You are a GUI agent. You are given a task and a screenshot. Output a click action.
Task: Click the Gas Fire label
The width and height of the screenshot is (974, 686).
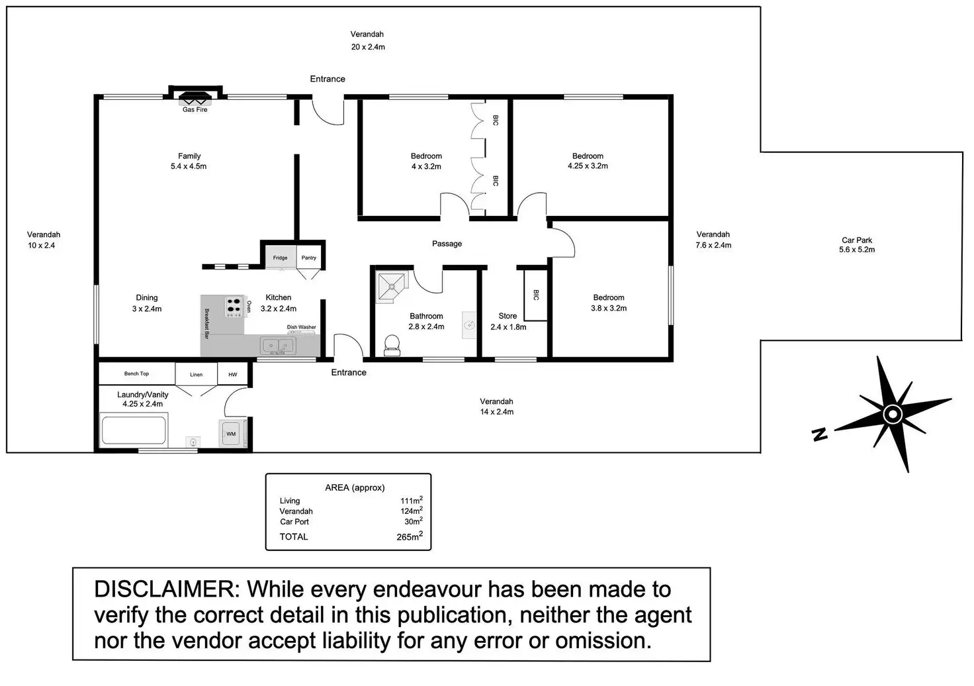click(195, 110)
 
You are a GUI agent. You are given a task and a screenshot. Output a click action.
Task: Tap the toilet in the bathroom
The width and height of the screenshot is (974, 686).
click(392, 345)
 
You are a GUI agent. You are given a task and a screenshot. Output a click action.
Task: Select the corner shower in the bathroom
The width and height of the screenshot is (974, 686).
click(392, 286)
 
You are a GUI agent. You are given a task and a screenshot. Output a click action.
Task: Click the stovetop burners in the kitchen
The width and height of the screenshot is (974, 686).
click(234, 307)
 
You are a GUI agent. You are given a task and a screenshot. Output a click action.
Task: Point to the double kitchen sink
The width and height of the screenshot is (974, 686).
click(278, 345)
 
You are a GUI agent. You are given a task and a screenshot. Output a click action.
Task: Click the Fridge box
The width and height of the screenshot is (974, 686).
click(280, 258)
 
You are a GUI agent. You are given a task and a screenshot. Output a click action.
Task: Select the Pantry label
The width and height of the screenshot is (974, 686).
click(309, 258)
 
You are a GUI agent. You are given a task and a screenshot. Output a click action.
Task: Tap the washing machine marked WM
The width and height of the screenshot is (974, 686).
click(231, 434)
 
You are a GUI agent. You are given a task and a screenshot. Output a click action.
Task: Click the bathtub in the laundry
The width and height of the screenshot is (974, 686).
click(133, 430)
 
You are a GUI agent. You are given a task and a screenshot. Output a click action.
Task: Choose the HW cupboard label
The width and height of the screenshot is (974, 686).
click(233, 375)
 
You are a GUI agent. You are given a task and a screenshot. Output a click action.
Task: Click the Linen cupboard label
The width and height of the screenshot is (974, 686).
click(197, 375)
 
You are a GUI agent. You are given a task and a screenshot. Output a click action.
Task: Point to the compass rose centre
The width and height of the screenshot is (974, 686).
click(893, 415)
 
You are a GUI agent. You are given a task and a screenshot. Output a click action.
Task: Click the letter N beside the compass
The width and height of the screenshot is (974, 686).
click(820, 434)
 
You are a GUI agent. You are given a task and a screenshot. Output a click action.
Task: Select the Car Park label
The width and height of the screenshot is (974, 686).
click(857, 240)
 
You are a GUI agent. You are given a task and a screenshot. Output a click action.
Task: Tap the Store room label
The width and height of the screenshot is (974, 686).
click(508, 317)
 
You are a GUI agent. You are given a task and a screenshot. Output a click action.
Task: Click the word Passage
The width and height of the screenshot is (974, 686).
click(447, 244)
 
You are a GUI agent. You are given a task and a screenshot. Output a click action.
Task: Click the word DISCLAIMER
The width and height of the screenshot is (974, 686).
click(167, 589)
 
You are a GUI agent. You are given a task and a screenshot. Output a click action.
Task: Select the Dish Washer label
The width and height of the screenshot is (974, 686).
click(301, 327)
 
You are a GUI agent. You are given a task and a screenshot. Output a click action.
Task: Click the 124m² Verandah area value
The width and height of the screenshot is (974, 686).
click(412, 511)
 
